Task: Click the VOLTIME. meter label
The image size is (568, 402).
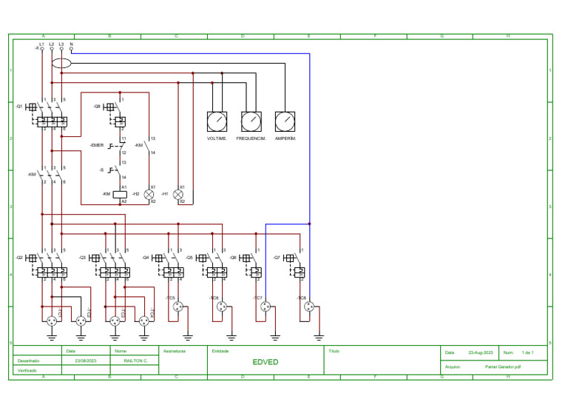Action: click(x=217, y=138)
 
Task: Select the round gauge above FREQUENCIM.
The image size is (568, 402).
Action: click(x=251, y=121)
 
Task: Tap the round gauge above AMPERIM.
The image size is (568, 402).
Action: click(x=285, y=121)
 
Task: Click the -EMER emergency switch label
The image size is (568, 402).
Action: click(x=97, y=145)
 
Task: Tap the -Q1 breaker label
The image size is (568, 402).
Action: click(x=19, y=107)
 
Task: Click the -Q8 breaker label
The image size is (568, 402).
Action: click(x=97, y=107)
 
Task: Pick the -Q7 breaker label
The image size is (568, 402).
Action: click(x=277, y=258)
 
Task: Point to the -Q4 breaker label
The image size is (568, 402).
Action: click(x=146, y=258)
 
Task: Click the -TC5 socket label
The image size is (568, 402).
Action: click(x=170, y=298)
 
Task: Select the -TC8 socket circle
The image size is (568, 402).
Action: click(x=309, y=306)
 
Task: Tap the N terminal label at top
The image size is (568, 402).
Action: click(x=71, y=44)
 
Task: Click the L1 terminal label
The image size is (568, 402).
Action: click(x=41, y=44)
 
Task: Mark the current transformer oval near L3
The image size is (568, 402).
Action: click(x=62, y=63)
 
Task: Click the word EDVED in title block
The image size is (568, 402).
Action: click(x=265, y=362)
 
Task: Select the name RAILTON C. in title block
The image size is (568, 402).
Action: click(x=135, y=361)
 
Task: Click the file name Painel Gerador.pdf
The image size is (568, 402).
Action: click(x=503, y=366)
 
